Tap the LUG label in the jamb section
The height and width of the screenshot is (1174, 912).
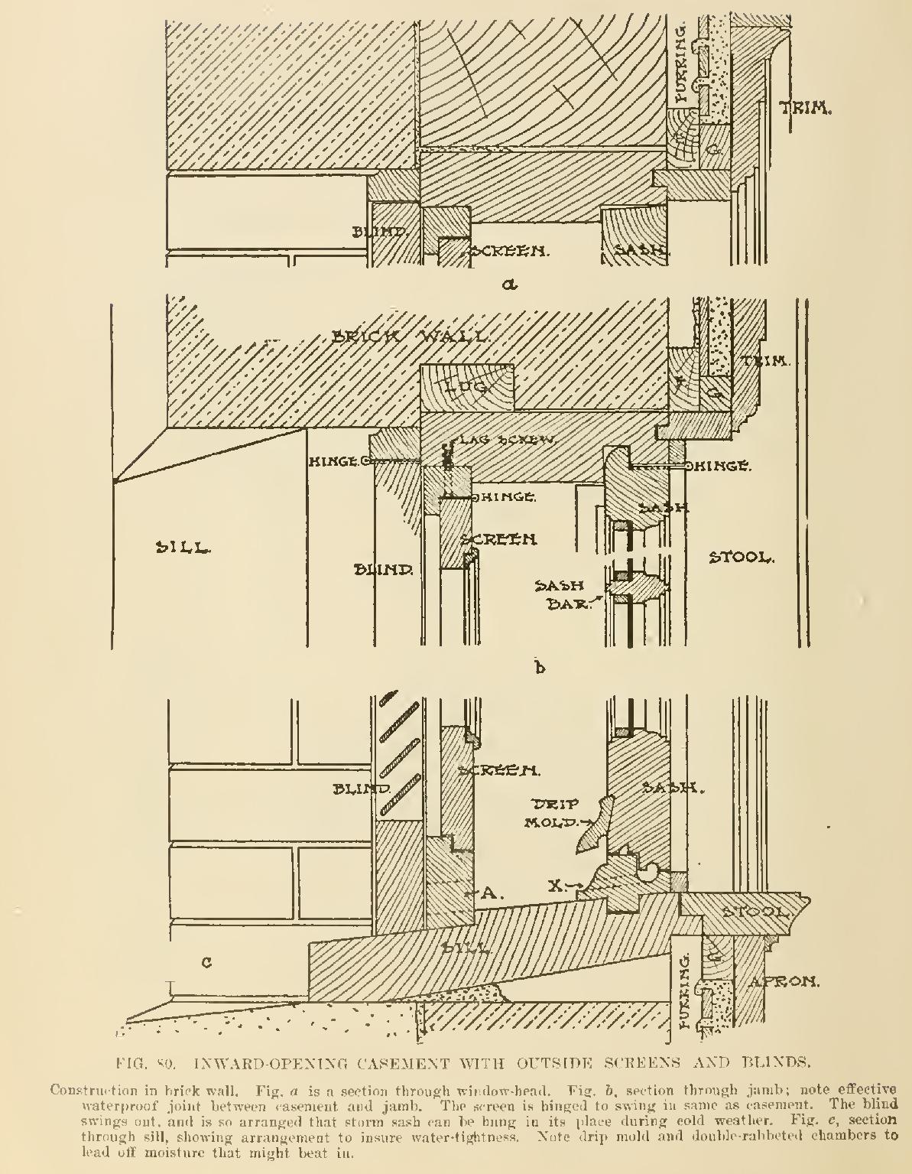point(469,388)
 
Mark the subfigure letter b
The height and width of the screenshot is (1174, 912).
point(540,666)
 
